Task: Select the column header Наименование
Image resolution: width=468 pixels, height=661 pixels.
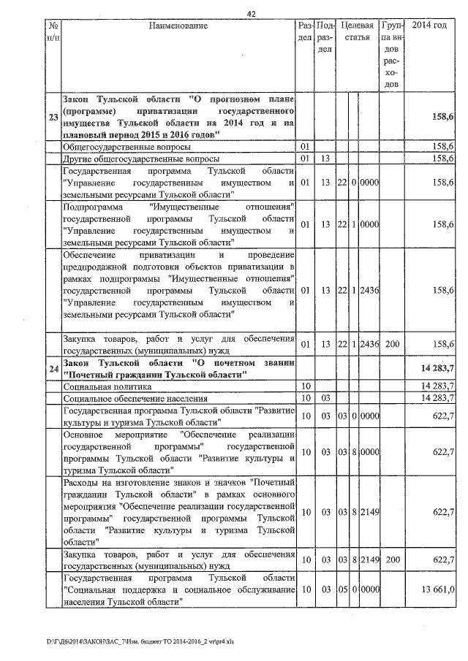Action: pyautogui.click(x=178, y=26)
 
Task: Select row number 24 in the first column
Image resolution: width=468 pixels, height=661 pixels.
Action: pyautogui.click(x=53, y=370)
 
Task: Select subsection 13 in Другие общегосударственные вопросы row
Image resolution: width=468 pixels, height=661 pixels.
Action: pyautogui.click(x=326, y=158)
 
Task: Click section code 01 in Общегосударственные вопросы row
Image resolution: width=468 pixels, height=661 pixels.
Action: pyautogui.click(x=306, y=147)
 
